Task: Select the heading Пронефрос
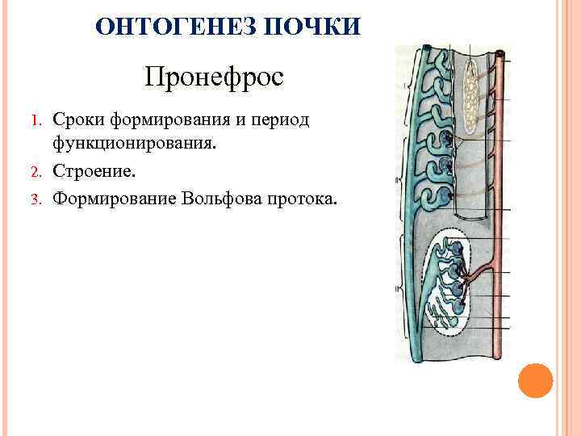point(215,78)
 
